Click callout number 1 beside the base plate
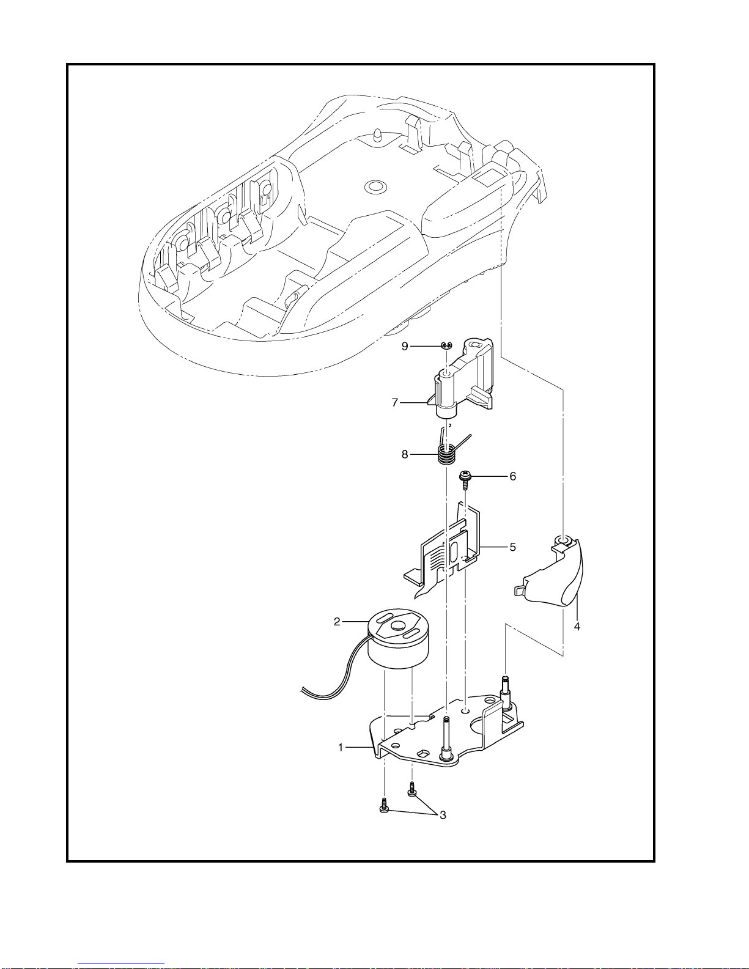(341, 747)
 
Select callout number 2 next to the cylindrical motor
(337, 622)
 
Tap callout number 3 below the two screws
(443, 815)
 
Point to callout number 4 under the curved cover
(577, 627)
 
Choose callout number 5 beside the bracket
(513, 547)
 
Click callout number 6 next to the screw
(513, 477)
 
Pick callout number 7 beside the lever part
(394, 403)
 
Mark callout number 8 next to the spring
(405, 454)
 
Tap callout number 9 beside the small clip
(405, 347)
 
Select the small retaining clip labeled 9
(446, 345)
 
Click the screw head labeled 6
(465, 476)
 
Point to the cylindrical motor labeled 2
(397, 639)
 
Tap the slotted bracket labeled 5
(444, 552)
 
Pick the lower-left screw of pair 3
(384, 806)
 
